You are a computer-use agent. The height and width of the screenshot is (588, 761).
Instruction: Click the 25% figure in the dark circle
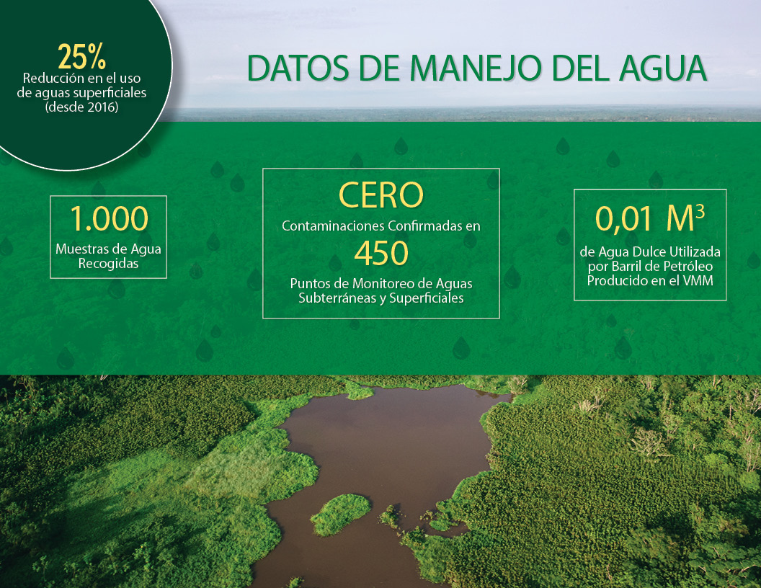(81, 57)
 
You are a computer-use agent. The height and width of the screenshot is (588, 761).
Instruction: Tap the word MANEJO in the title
(476, 68)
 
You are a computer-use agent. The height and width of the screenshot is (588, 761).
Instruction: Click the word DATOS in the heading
(298, 68)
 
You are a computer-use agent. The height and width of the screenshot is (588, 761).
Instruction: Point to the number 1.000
(110, 219)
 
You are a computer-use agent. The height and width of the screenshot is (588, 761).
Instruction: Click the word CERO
(381, 195)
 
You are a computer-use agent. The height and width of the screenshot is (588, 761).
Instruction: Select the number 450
(381, 253)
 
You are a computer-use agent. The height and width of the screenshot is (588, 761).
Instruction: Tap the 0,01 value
(623, 219)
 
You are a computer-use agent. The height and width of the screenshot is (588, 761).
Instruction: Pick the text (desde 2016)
(81, 107)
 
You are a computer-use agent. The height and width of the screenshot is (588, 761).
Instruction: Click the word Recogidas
(108, 264)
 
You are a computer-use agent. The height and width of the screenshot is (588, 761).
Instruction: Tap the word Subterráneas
(338, 298)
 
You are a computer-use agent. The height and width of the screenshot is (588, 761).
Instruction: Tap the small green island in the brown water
(340, 514)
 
